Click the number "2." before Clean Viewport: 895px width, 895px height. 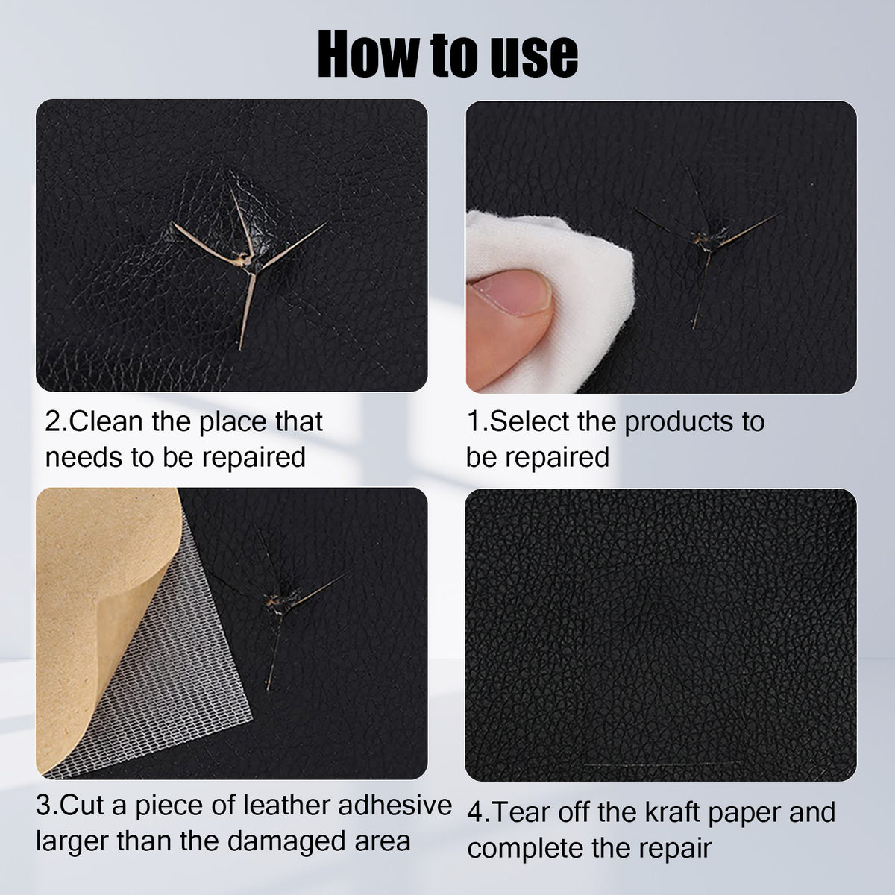tap(57, 421)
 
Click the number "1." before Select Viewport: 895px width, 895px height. tap(477, 421)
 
